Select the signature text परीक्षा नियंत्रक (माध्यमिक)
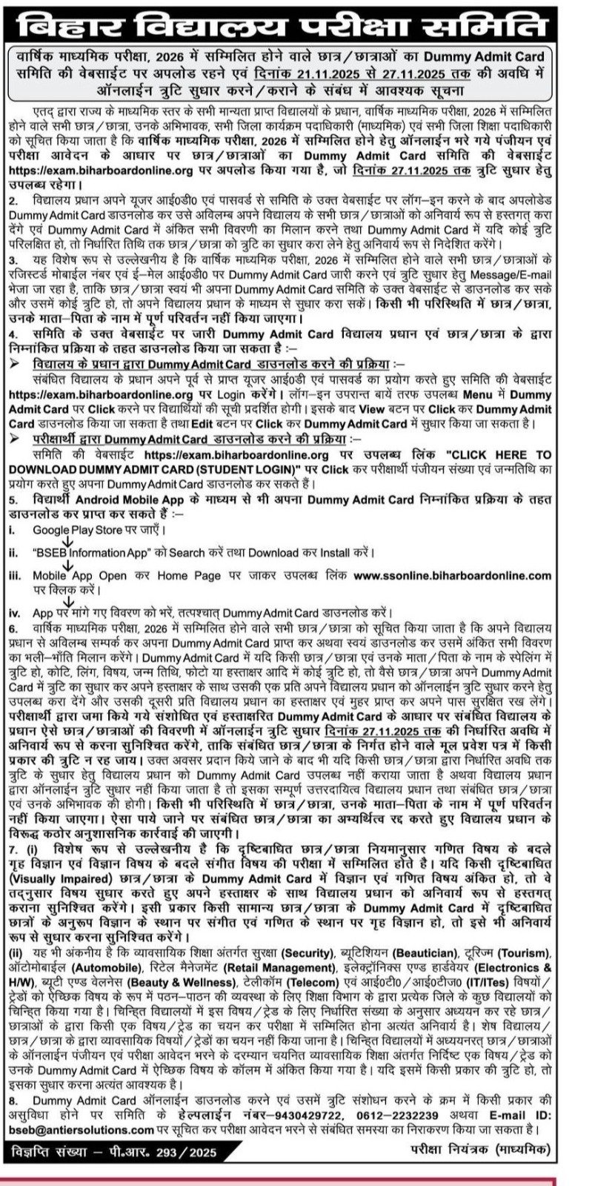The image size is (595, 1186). point(479,1149)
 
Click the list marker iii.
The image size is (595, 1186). point(15,575)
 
